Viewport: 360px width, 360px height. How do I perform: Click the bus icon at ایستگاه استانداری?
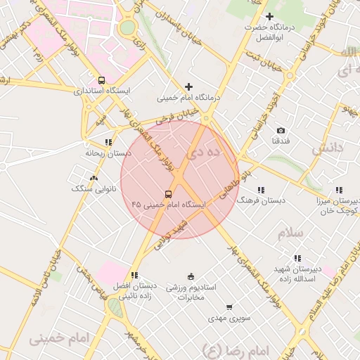pos(103,80)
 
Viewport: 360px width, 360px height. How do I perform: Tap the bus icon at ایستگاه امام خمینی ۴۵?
pos(168,194)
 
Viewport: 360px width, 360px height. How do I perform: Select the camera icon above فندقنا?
pos(281,131)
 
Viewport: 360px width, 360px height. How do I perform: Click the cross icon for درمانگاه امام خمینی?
pos(188,87)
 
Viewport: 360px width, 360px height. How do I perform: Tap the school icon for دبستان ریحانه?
pos(108,142)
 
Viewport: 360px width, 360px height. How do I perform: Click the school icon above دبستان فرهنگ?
pos(262,190)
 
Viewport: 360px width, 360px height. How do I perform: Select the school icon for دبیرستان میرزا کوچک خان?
pos(340,190)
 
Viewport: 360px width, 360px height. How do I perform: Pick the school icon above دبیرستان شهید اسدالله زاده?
pos(297,258)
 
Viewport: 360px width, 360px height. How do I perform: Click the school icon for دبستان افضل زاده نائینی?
pos(134,275)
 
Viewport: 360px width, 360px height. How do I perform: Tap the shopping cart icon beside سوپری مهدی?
pos(229,307)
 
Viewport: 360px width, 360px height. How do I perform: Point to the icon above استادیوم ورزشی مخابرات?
pos(191,276)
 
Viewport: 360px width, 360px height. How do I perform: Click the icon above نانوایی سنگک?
pos(94,178)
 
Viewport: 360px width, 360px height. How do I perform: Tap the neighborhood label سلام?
pos(290,232)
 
